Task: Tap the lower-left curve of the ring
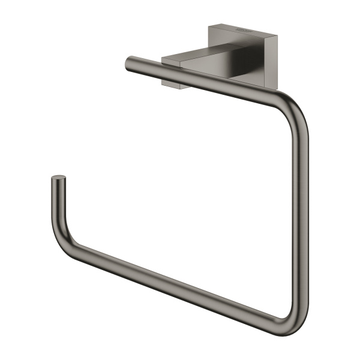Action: [x=63, y=237]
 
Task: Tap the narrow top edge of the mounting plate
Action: [x=243, y=25]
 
